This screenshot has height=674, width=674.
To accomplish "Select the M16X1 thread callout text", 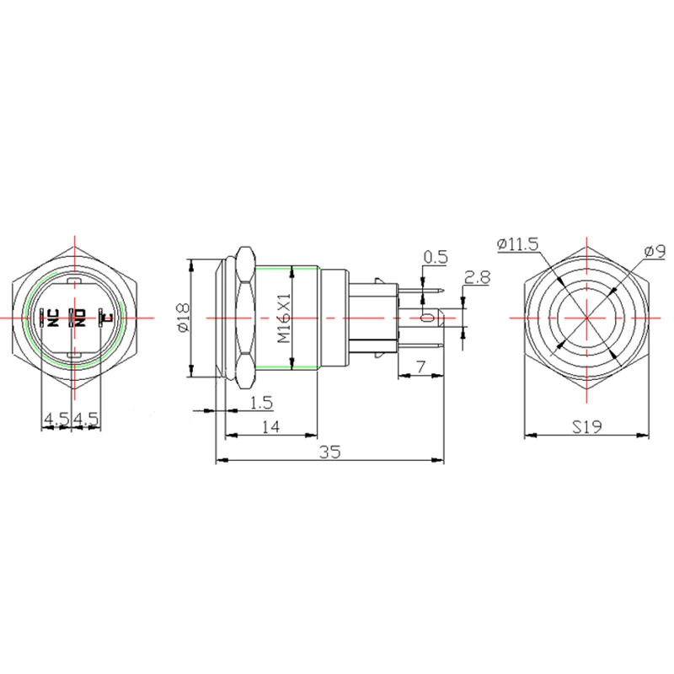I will point(284,318).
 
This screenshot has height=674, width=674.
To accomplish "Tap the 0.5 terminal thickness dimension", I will point(435,257).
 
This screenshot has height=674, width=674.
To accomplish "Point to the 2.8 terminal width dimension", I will point(478,277).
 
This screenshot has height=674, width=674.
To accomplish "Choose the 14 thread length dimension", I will point(270,427).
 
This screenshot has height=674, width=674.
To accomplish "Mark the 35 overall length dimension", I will point(329,452).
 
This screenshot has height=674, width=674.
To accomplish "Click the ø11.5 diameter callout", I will point(517,244).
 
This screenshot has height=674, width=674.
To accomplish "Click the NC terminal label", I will point(51,318).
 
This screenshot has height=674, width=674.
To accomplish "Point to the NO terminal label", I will point(80,318).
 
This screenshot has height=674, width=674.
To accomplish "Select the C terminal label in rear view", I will point(107,318).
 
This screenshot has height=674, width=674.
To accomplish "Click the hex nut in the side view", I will point(245,318).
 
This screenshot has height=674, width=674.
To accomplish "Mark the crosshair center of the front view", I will point(586,318).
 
